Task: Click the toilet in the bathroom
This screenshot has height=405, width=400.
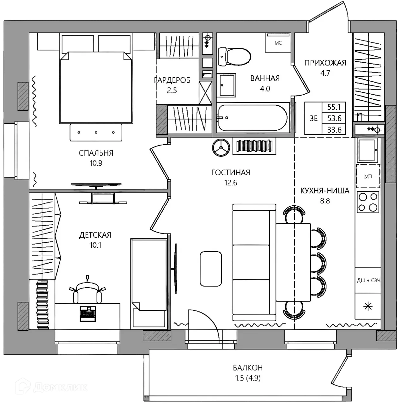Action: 234,56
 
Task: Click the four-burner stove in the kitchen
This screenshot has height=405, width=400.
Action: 367,202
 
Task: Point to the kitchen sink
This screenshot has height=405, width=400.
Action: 367,150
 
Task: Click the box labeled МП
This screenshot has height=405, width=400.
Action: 368,176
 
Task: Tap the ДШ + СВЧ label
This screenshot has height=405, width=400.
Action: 368,280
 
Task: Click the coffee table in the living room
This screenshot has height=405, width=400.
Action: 211,269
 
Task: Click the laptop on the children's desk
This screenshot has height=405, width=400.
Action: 88,314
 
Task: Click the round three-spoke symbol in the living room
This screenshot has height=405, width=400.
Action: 221,147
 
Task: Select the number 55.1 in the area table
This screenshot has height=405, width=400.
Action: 334,107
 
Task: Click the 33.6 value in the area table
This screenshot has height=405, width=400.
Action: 334,130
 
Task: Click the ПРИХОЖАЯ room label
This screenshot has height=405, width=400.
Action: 325,63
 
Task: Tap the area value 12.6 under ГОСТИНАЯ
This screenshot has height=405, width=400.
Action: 231,183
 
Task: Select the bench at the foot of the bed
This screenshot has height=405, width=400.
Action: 96,132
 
